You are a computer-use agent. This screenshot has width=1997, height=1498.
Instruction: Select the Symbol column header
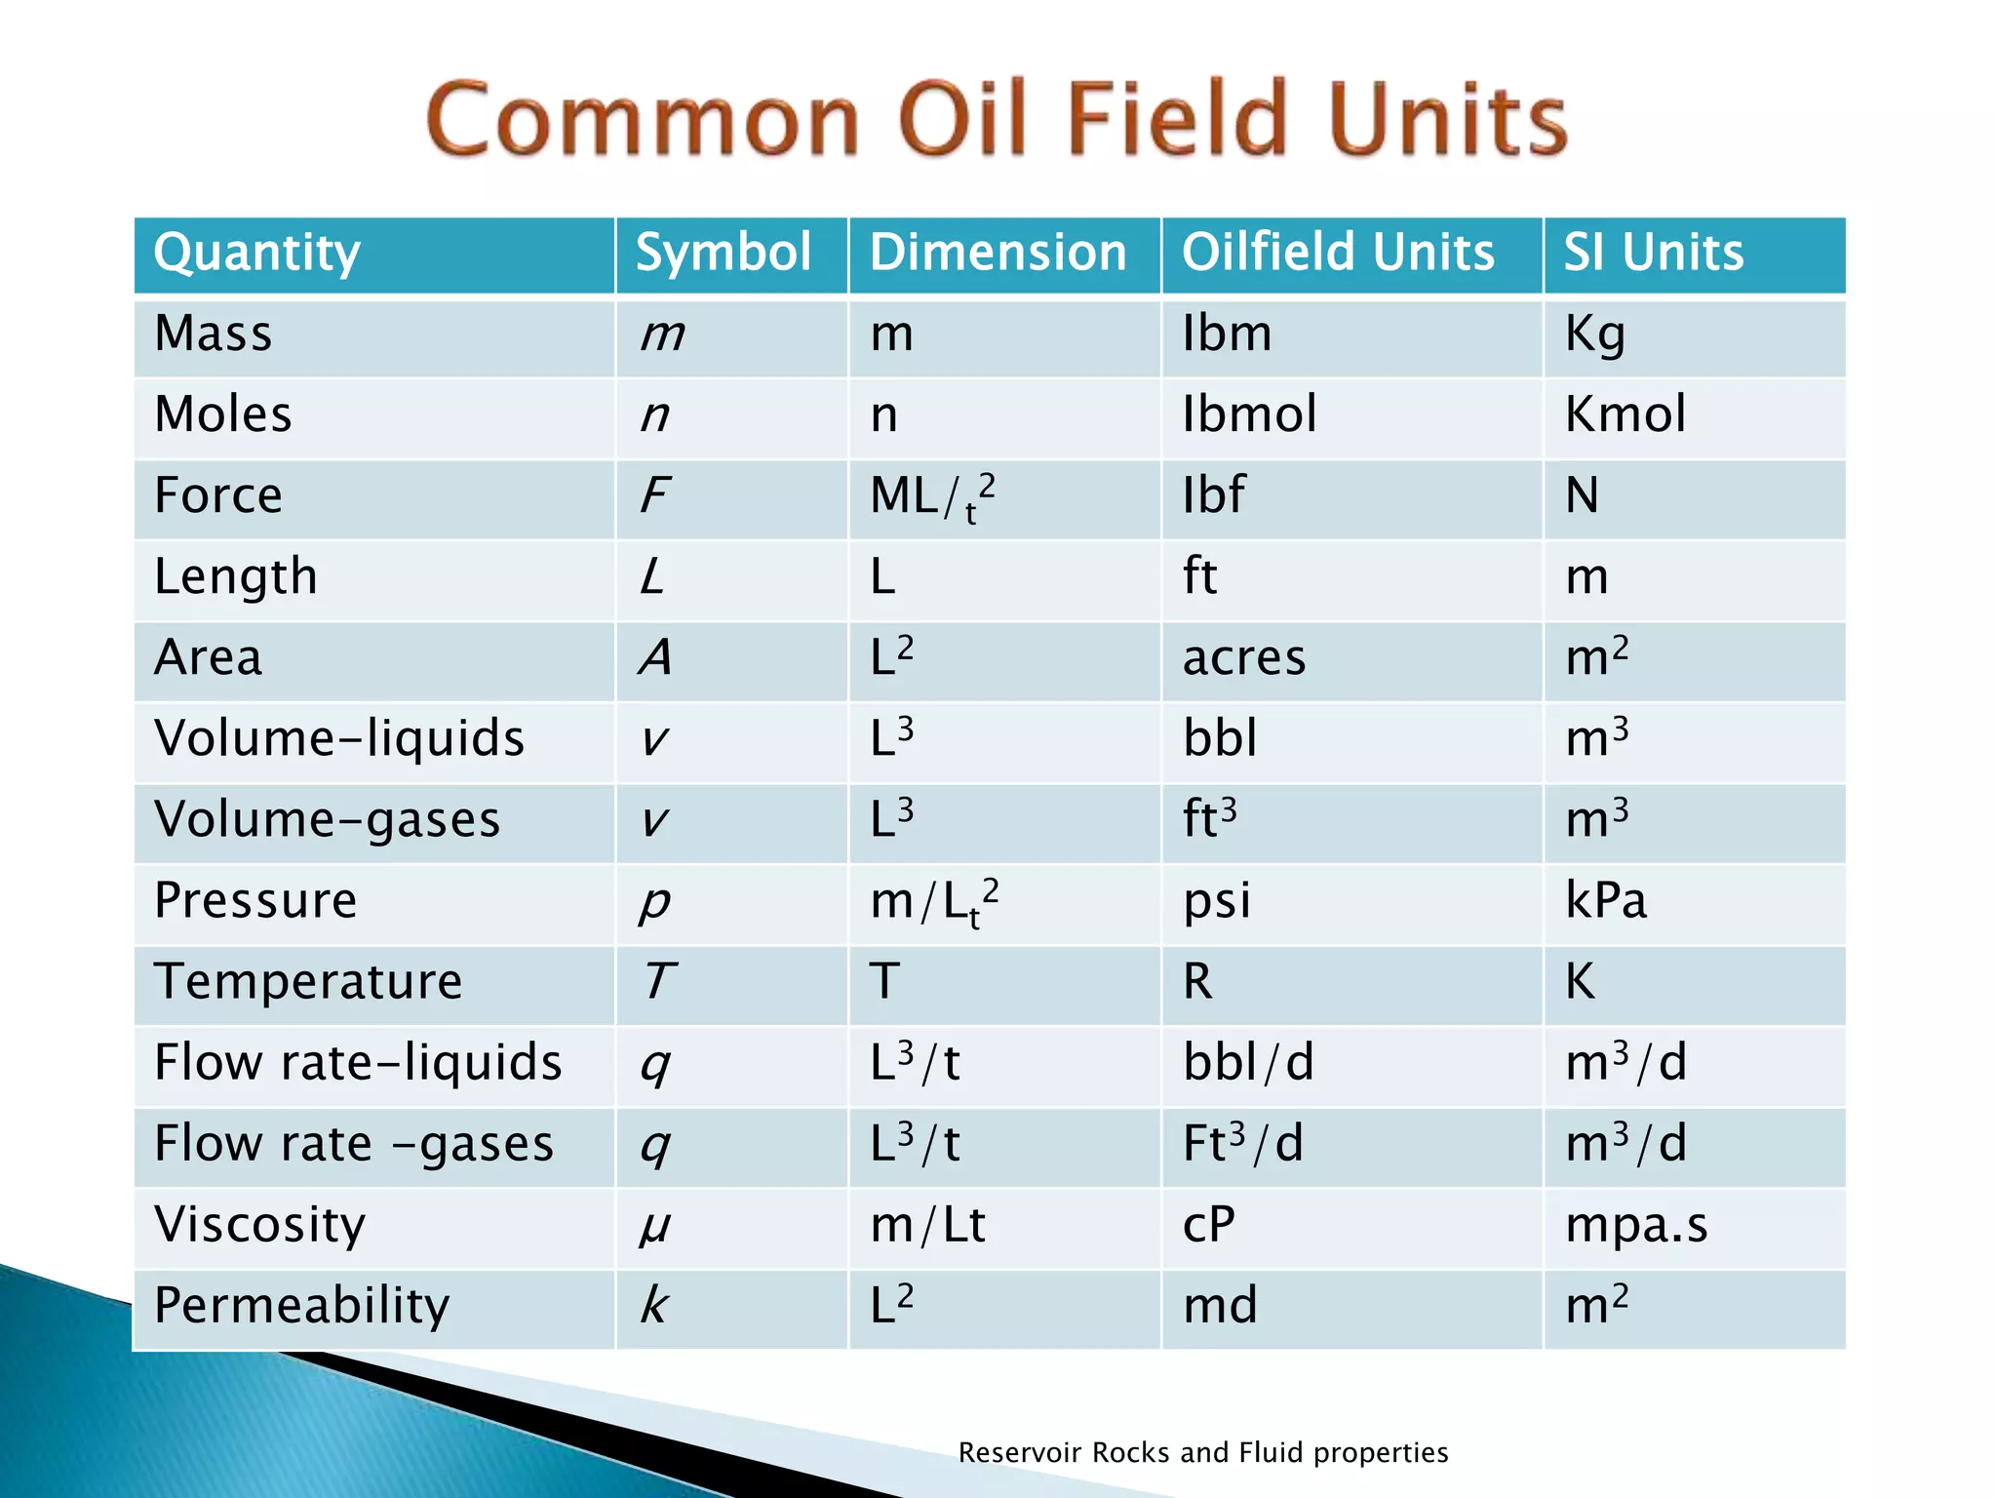(723, 253)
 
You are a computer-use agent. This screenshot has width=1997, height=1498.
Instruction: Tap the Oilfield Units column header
(1338, 253)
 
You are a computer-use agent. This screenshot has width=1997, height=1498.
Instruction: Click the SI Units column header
(1654, 253)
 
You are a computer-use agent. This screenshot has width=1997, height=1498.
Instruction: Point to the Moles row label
(223, 414)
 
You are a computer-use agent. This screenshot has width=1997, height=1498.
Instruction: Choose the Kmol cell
(1625, 414)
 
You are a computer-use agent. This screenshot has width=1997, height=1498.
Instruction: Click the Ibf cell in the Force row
(1213, 495)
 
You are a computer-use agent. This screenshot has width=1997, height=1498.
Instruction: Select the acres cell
(1244, 658)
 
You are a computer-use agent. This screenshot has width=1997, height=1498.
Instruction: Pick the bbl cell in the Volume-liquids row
(1220, 738)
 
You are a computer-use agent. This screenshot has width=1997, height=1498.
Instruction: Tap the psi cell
(1217, 901)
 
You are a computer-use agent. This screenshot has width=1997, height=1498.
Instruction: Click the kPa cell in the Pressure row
(1606, 901)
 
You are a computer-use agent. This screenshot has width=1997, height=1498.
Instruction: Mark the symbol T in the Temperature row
(659, 981)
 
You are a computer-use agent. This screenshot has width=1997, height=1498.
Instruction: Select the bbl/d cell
(1248, 1063)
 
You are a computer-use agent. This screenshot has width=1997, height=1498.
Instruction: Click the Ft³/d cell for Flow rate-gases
(1243, 1143)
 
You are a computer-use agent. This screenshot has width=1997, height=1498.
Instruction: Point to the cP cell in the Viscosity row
(1209, 1225)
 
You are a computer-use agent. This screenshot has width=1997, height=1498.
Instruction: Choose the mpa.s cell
(1636, 1225)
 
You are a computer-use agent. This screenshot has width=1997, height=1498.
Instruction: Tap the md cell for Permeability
(1220, 1306)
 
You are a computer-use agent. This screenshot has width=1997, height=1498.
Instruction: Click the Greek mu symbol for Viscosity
(654, 1227)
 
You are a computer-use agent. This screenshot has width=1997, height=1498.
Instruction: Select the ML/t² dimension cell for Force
(932, 496)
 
